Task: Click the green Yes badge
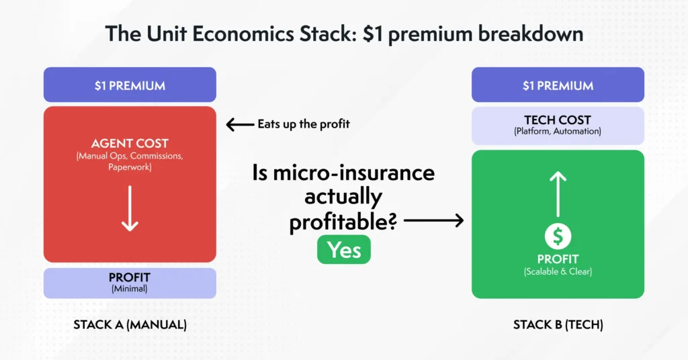click(x=343, y=250)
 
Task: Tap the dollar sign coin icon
click(x=558, y=236)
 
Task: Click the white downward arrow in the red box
click(x=130, y=210)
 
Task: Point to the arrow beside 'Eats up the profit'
click(x=239, y=124)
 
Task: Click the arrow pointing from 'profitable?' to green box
click(x=434, y=220)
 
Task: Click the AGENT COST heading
click(x=130, y=144)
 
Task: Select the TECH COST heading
click(x=558, y=120)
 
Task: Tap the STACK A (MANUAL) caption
click(x=130, y=325)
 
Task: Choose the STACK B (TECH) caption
click(x=558, y=325)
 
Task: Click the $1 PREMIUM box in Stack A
click(x=130, y=85)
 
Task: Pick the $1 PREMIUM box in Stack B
click(x=558, y=85)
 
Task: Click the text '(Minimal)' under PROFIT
click(x=130, y=289)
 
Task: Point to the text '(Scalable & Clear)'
click(x=558, y=272)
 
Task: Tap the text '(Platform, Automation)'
click(x=558, y=132)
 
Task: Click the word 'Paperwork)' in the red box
click(x=130, y=168)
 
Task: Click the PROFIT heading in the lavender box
click(x=130, y=277)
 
